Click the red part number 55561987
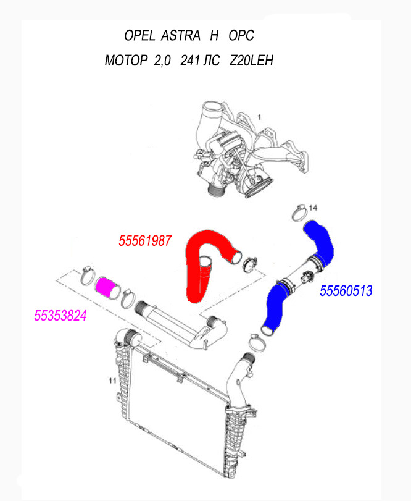coord(144,240)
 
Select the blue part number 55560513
coord(346,291)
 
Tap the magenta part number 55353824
coord(60,316)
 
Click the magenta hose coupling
coord(107,287)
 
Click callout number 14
coord(312,207)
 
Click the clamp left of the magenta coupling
coord(87,273)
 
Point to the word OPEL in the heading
coord(139,36)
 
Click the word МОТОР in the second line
coord(126,62)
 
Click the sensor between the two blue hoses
coord(305,275)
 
